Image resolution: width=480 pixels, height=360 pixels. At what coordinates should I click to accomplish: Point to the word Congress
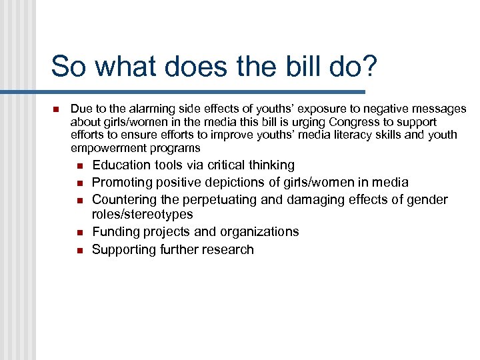(x=358, y=122)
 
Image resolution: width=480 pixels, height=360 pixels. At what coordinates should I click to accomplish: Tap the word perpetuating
(x=222, y=199)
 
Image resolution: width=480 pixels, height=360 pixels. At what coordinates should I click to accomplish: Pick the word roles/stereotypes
(x=142, y=214)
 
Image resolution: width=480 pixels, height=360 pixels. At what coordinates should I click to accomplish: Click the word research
(x=229, y=249)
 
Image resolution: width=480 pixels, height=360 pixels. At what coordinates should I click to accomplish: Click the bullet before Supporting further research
(x=79, y=250)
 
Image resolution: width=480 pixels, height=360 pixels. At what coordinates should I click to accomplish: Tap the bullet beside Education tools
(x=79, y=165)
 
